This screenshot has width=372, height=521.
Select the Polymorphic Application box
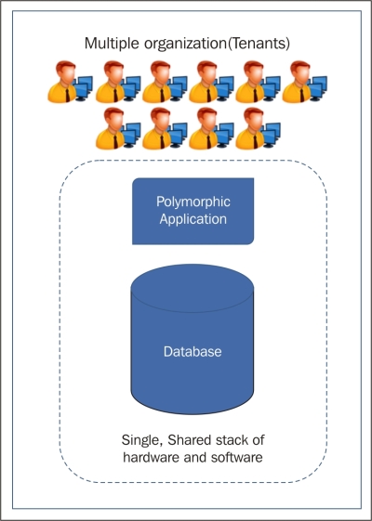click(193, 212)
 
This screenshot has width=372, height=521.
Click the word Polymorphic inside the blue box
click(193, 202)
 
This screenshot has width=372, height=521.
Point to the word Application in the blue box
click(193, 219)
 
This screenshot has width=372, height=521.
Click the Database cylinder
click(193, 339)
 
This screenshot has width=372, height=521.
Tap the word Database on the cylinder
click(193, 352)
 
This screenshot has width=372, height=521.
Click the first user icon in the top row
click(70, 82)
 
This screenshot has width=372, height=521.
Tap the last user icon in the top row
click(304, 82)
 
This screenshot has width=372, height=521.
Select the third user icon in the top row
click(165, 82)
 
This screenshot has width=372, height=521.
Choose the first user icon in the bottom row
click(118, 128)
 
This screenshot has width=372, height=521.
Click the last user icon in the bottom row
click(258, 128)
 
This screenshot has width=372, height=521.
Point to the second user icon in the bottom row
click(165, 128)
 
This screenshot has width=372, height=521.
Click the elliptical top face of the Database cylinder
click(193, 288)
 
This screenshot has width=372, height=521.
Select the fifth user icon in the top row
click(258, 82)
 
